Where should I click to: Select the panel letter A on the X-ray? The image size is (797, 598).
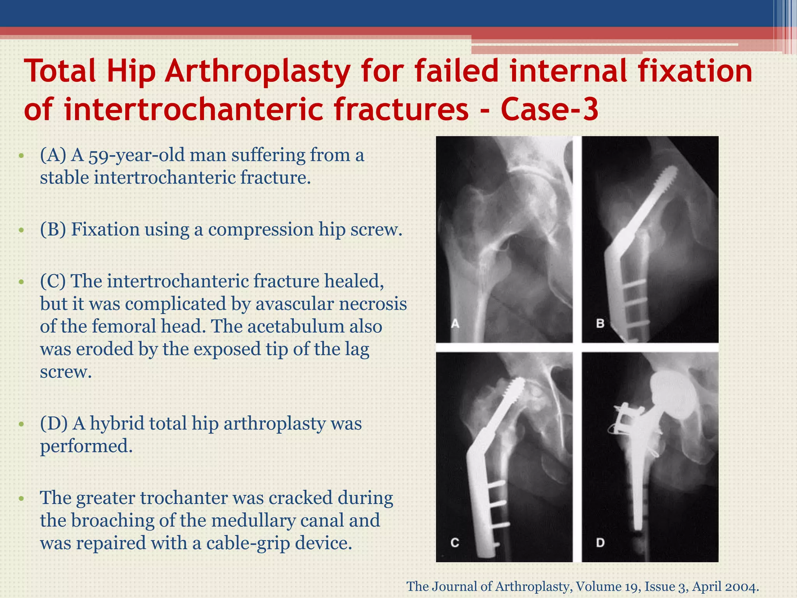point(455,323)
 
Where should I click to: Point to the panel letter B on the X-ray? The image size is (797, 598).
point(600,323)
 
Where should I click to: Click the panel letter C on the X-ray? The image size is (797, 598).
point(455,542)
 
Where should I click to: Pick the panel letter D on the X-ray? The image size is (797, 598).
point(600,542)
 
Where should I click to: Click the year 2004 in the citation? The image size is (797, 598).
point(743,586)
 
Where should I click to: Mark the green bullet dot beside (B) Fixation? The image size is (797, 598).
point(21,230)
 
